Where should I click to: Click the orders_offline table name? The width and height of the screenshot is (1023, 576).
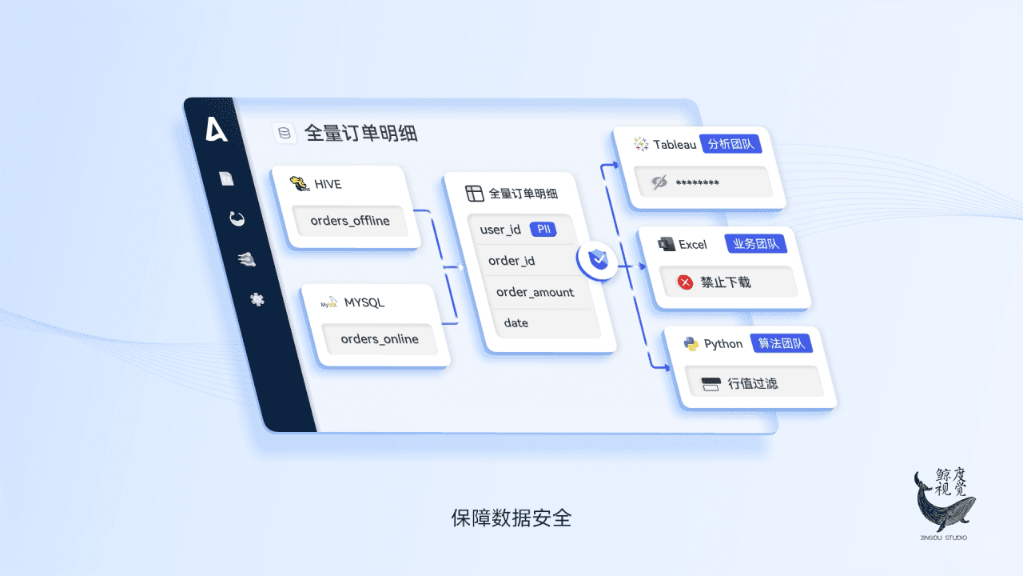pos(350,221)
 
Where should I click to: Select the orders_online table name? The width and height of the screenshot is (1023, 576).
pos(380,339)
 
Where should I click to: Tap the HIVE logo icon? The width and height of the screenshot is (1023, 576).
pos(299,183)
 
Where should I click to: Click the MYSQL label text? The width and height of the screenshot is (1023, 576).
pos(364,302)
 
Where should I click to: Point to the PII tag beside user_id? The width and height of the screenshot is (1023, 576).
pos(543,230)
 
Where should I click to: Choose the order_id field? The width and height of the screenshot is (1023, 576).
pos(511,261)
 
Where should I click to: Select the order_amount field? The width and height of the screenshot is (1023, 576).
pos(535,292)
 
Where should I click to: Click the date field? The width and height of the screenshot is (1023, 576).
pos(515,322)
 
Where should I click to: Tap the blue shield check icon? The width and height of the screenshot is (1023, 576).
pos(597,260)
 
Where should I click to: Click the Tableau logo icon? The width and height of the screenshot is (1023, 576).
pos(641,144)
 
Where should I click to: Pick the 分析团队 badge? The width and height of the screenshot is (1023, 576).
pos(730,144)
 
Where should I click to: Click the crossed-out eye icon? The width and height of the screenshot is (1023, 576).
pos(659,182)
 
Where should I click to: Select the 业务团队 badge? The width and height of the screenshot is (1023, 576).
pos(755,244)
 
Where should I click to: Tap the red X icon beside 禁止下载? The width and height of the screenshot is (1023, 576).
pos(685,282)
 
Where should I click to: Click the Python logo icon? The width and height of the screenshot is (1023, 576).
pos(691,344)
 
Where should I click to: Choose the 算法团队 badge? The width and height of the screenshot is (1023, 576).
pos(782,344)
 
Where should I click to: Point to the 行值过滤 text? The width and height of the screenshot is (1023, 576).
pos(752,383)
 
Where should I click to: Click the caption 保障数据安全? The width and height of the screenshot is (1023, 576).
pos(511,518)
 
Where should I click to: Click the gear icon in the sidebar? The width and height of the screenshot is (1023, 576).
pos(257,299)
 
